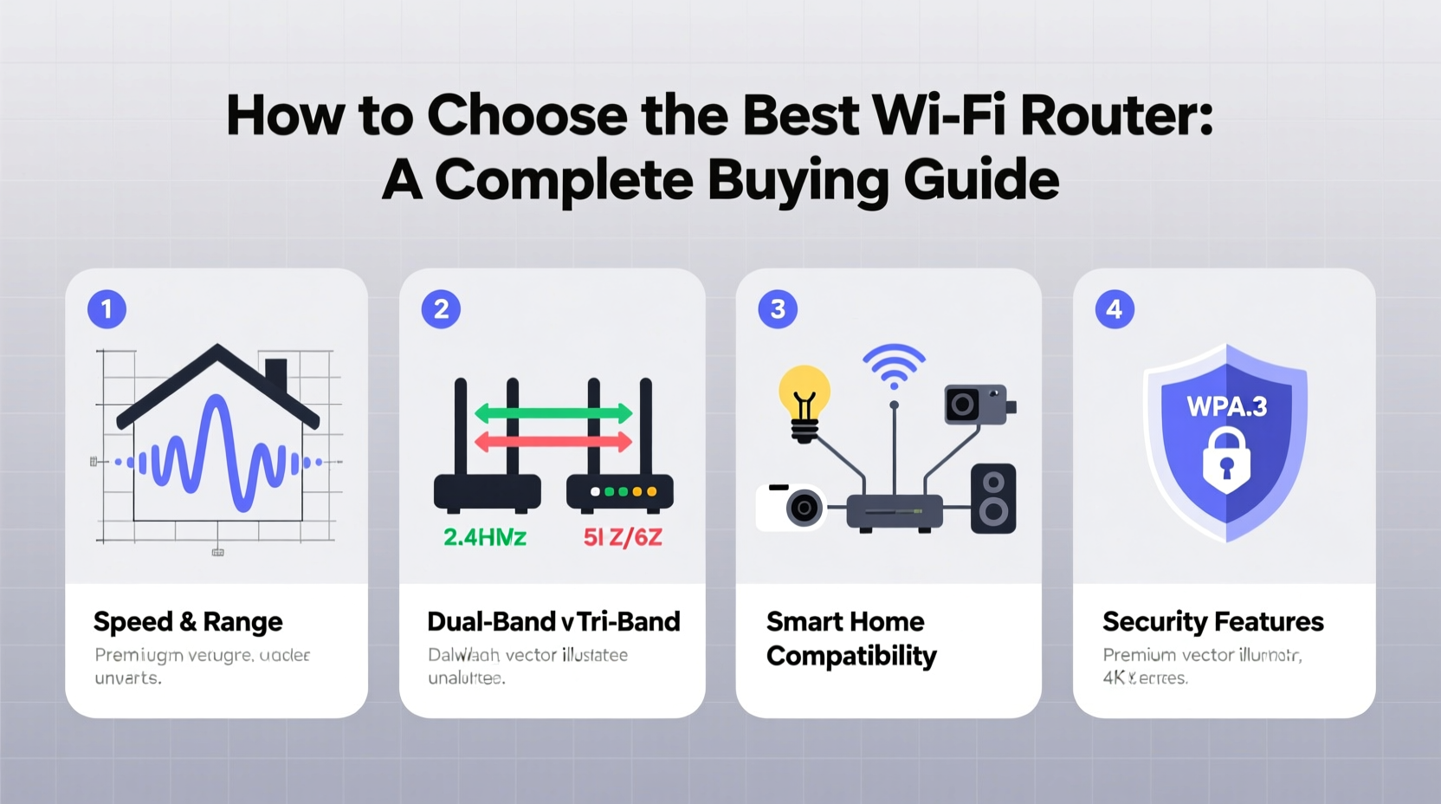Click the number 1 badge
pyautogui.click(x=107, y=309)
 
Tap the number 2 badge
pyautogui.click(x=441, y=309)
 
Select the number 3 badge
pyautogui.click(x=777, y=309)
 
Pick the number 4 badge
pyautogui.click(x=1114, y=309)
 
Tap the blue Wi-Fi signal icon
pyautogui.click(x=894, y=365)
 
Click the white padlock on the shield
pyautogui.click(x=1226, y=459)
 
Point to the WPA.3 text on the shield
pyautogui.click(x=1226, y=406)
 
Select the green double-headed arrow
pyautogui.click(x=553, y=413)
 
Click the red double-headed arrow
pyautogui.click(x=553, y=442)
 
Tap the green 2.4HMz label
pyautogui.click(x=485, y=538)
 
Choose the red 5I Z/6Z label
pyautogui.click(x=623, y=538)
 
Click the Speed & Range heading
pyautogui.click(x=188, y=622)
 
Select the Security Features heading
pyautogui.click(x=1212, y=622)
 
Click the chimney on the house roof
pyautogui.click(x=276, y=374)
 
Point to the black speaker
pyautogui.click(x=993, y=499)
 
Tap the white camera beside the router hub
pyautogui.click(x=792, y=507)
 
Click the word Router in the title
pyautogui.click(x=1116, y=115)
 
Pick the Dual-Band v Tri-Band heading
pyautogui.click(x=553, y=622)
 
